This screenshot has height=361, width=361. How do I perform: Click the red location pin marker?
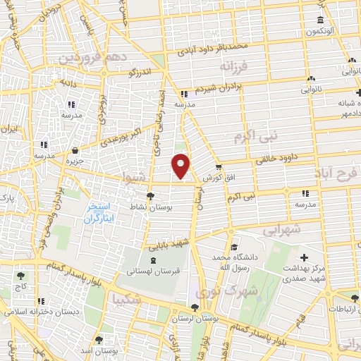tap(181, 166)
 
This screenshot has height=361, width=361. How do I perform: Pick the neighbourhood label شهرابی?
tap(282, 229)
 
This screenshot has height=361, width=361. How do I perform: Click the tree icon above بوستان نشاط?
tap(150, 196)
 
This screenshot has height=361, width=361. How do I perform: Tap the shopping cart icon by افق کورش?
tap(219, 167)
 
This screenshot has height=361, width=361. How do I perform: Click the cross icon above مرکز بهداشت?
tap(305, 257)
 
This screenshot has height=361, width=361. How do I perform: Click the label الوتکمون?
tap(321, 32)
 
